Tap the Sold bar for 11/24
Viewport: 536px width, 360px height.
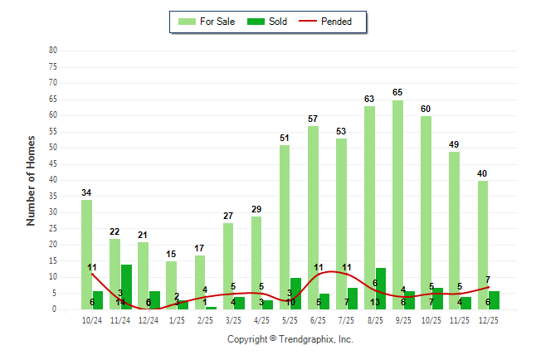[126, 287]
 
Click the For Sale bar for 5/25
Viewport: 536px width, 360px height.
[285, 227]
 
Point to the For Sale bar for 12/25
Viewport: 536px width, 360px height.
[482, 245]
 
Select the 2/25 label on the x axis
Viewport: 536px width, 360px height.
[205, 319]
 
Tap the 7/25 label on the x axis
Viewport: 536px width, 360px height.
[346, 319]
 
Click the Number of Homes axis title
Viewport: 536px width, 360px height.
[31, 180]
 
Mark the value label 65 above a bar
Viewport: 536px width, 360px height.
[397, 92]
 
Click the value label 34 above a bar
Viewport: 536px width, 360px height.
[86, 192]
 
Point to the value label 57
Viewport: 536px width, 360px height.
[313, 119]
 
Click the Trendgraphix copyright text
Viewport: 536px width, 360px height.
[290, 339]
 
